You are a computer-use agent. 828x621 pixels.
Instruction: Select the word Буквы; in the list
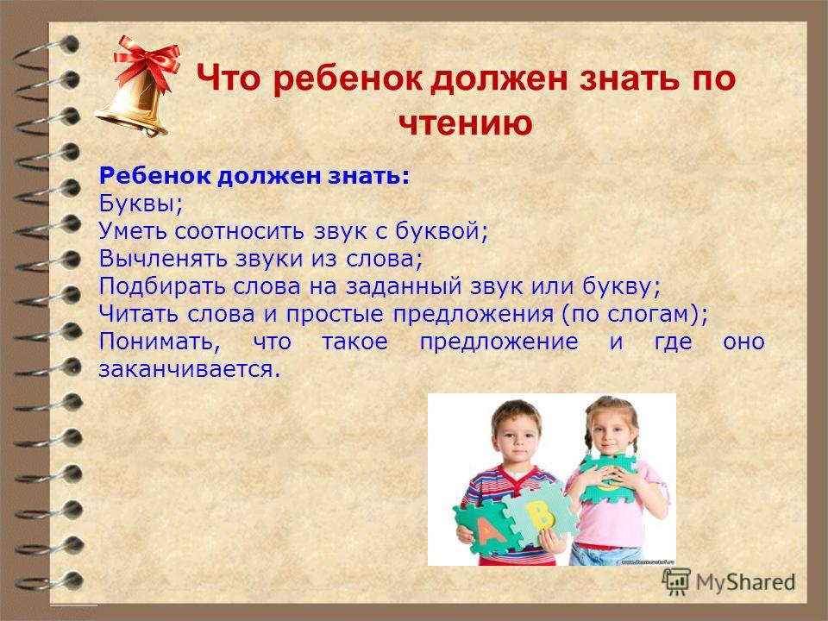141,204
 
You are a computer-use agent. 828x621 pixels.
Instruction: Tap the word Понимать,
160,342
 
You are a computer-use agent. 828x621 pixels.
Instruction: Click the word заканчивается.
189,368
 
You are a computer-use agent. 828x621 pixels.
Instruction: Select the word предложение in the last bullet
499,342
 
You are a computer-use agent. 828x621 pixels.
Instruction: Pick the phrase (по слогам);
634,314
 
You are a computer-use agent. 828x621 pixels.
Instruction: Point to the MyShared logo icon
676,581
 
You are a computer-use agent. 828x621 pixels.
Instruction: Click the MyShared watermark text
745,582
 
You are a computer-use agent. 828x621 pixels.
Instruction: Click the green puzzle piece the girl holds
607,477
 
